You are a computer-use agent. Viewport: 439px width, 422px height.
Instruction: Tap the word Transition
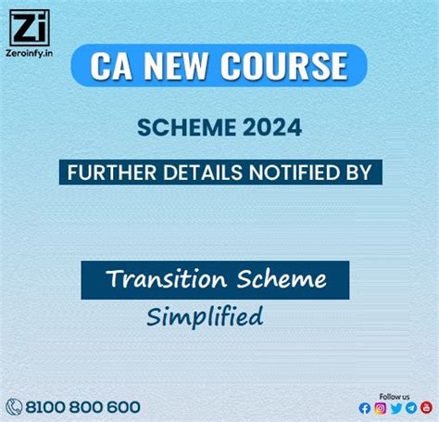163,279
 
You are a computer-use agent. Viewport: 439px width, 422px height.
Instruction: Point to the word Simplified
205,316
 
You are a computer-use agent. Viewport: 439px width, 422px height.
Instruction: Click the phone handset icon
15,406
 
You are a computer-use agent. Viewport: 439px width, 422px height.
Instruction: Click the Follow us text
395,395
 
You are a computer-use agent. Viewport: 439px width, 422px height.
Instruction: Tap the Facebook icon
365,408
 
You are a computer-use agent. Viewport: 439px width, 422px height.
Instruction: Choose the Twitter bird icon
396,408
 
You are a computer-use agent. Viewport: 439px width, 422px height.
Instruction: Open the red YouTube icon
426,408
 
